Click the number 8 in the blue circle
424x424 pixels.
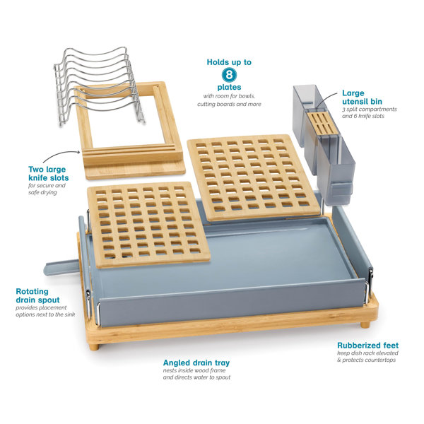(229, 75)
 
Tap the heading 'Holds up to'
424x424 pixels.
(229, 62)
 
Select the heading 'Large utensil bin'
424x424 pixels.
(362, 98)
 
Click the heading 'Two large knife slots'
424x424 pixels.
(48, 174)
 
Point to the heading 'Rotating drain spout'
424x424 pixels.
(37, 295)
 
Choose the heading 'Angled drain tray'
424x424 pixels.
(196, 363)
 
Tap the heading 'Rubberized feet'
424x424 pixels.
(367, 346)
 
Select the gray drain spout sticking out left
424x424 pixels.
(61, 266)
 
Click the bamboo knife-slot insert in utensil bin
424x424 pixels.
(322, 123)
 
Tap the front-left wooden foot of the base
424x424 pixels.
(94, 347)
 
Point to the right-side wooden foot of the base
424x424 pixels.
(365, 325)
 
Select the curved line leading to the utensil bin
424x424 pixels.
(326, 99)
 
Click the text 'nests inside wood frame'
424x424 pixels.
(194, 370)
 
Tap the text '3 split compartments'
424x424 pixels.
(370, 110)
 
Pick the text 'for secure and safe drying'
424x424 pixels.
(47, 189)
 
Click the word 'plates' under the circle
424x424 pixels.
(229, 88)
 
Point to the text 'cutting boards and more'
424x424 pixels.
(229, 104)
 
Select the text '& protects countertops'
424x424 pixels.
(366, 360)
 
